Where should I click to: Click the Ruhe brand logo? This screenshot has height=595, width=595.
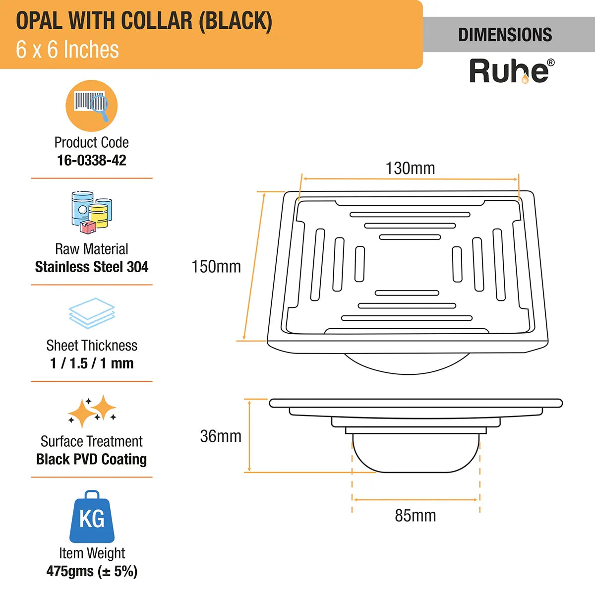tap(511, 71)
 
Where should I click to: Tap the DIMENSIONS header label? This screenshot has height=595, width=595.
tap(505, 35)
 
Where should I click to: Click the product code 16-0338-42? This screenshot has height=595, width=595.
tap(92, 160)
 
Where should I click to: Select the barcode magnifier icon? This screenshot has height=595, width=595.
tap(92, 105)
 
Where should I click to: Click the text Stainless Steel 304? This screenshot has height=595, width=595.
tap(92, 267)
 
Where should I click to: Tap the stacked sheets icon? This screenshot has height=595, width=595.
tap(92, 313)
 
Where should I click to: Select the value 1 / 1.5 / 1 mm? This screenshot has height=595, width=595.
tap(92, 363)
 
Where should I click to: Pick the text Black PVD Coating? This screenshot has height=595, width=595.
tap(92, 459)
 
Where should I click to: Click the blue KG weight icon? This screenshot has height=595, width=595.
tap(92, 517)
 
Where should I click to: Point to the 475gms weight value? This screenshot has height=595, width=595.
tap(92, 571)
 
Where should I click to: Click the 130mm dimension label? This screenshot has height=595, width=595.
tap(410, 168)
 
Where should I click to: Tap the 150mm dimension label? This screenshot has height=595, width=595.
tap(216, 266)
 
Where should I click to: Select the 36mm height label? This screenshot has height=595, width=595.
tap(221, 436)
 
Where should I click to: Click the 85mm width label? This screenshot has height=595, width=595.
tap(415, 516)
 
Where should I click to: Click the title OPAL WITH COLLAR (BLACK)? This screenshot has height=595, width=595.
tap(144, 21)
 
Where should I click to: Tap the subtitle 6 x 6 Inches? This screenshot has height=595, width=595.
tap(67, 50)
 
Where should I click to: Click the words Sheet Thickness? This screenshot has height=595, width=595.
tap(92, 345)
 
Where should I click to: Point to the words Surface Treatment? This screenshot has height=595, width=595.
tap(92, 441)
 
